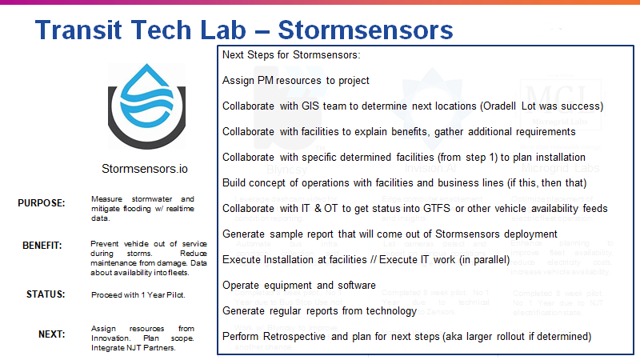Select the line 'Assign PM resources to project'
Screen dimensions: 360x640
coord(296,80)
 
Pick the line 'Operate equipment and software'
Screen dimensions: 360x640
coord(300,285)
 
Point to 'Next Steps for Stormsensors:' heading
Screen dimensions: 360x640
coord(292,55)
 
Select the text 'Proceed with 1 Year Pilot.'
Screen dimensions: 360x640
coord(138,294)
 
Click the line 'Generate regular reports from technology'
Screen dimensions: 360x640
coord(319,310)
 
